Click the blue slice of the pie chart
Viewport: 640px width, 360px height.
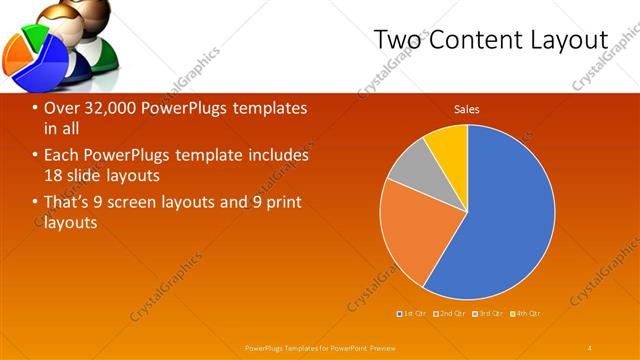(505, 220)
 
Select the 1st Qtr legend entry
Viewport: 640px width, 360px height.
(415, 314)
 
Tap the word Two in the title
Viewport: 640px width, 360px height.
(396, 40)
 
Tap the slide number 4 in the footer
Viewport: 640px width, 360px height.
(590, 347)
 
